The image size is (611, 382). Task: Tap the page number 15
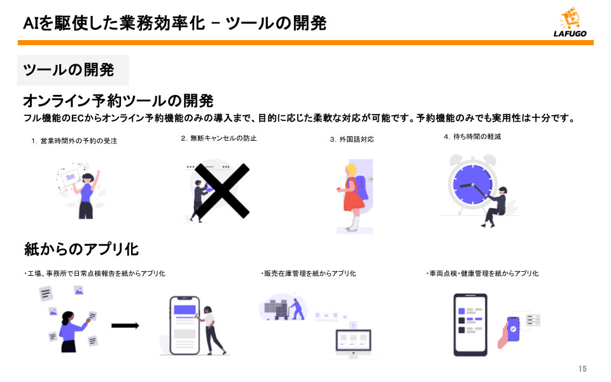(x=582, y=369)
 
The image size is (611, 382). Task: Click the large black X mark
(x=221, y=190)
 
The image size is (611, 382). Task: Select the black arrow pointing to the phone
(x=125, y=325)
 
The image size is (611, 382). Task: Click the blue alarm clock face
(x=472, y=185)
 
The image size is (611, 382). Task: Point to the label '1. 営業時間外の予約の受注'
(x=74, y=141)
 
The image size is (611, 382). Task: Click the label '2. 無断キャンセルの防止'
(x=218, y=138)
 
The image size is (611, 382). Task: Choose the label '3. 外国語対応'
(x=352, y=139)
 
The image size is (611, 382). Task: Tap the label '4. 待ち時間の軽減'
(x=472, y=136)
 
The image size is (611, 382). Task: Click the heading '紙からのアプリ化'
(x=81, y=249)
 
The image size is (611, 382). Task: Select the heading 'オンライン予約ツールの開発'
(x=118, y=101)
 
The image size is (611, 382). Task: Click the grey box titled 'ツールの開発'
(x=73, y=70)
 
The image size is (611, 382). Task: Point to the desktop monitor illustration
(x=353, y=343)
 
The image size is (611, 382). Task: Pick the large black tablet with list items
(x=470, y=325)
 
